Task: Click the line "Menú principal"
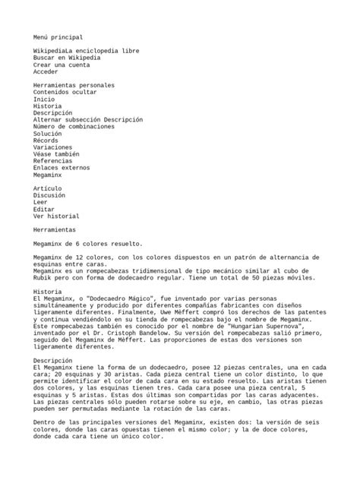pyautogui.click(x=58, y=36)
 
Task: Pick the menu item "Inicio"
pyautogui.click(x=44, y=99)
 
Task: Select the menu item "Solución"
pyautogui.click(x=48, y=134)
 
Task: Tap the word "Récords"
pyautogui.click(x=46, y=141)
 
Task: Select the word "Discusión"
pyautogui.click(x=49, y=194)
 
